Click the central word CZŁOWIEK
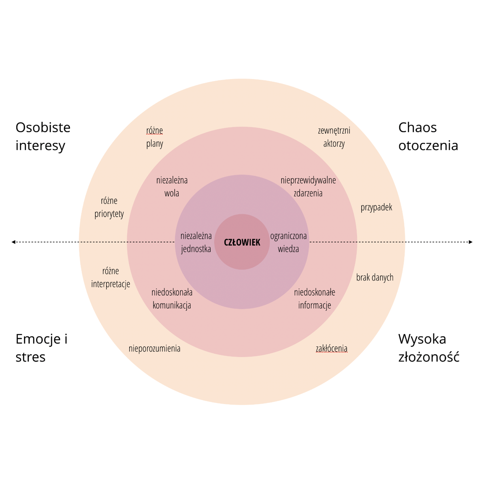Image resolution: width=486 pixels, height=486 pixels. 242,242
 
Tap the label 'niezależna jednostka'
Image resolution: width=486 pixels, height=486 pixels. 196,242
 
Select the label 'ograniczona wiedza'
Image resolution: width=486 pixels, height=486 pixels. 288,242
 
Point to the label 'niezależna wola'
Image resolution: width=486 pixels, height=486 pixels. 172,186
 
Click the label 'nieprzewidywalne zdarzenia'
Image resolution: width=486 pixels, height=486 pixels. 308,186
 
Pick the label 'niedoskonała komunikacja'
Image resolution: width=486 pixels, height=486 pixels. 172,298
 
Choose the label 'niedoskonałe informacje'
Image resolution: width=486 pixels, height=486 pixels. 315,298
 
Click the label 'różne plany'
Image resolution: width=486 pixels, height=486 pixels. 155,137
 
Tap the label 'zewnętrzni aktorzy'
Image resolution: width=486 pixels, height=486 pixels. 334,137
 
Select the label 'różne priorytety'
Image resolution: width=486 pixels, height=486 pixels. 109,207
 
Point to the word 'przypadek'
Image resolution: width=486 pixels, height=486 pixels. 376,207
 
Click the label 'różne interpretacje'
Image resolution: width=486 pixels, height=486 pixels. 111,277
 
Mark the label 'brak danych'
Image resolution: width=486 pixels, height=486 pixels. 375,277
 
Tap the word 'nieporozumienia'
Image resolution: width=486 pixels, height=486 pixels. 154,348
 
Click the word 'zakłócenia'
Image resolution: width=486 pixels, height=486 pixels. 332,348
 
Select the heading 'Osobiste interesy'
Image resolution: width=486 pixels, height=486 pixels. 43,136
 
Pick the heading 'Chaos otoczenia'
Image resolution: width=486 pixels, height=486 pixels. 428,136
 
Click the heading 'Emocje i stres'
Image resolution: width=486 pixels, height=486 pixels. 41,348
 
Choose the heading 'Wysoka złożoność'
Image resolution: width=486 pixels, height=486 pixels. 428,348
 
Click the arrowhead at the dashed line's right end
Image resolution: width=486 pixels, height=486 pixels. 471,242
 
